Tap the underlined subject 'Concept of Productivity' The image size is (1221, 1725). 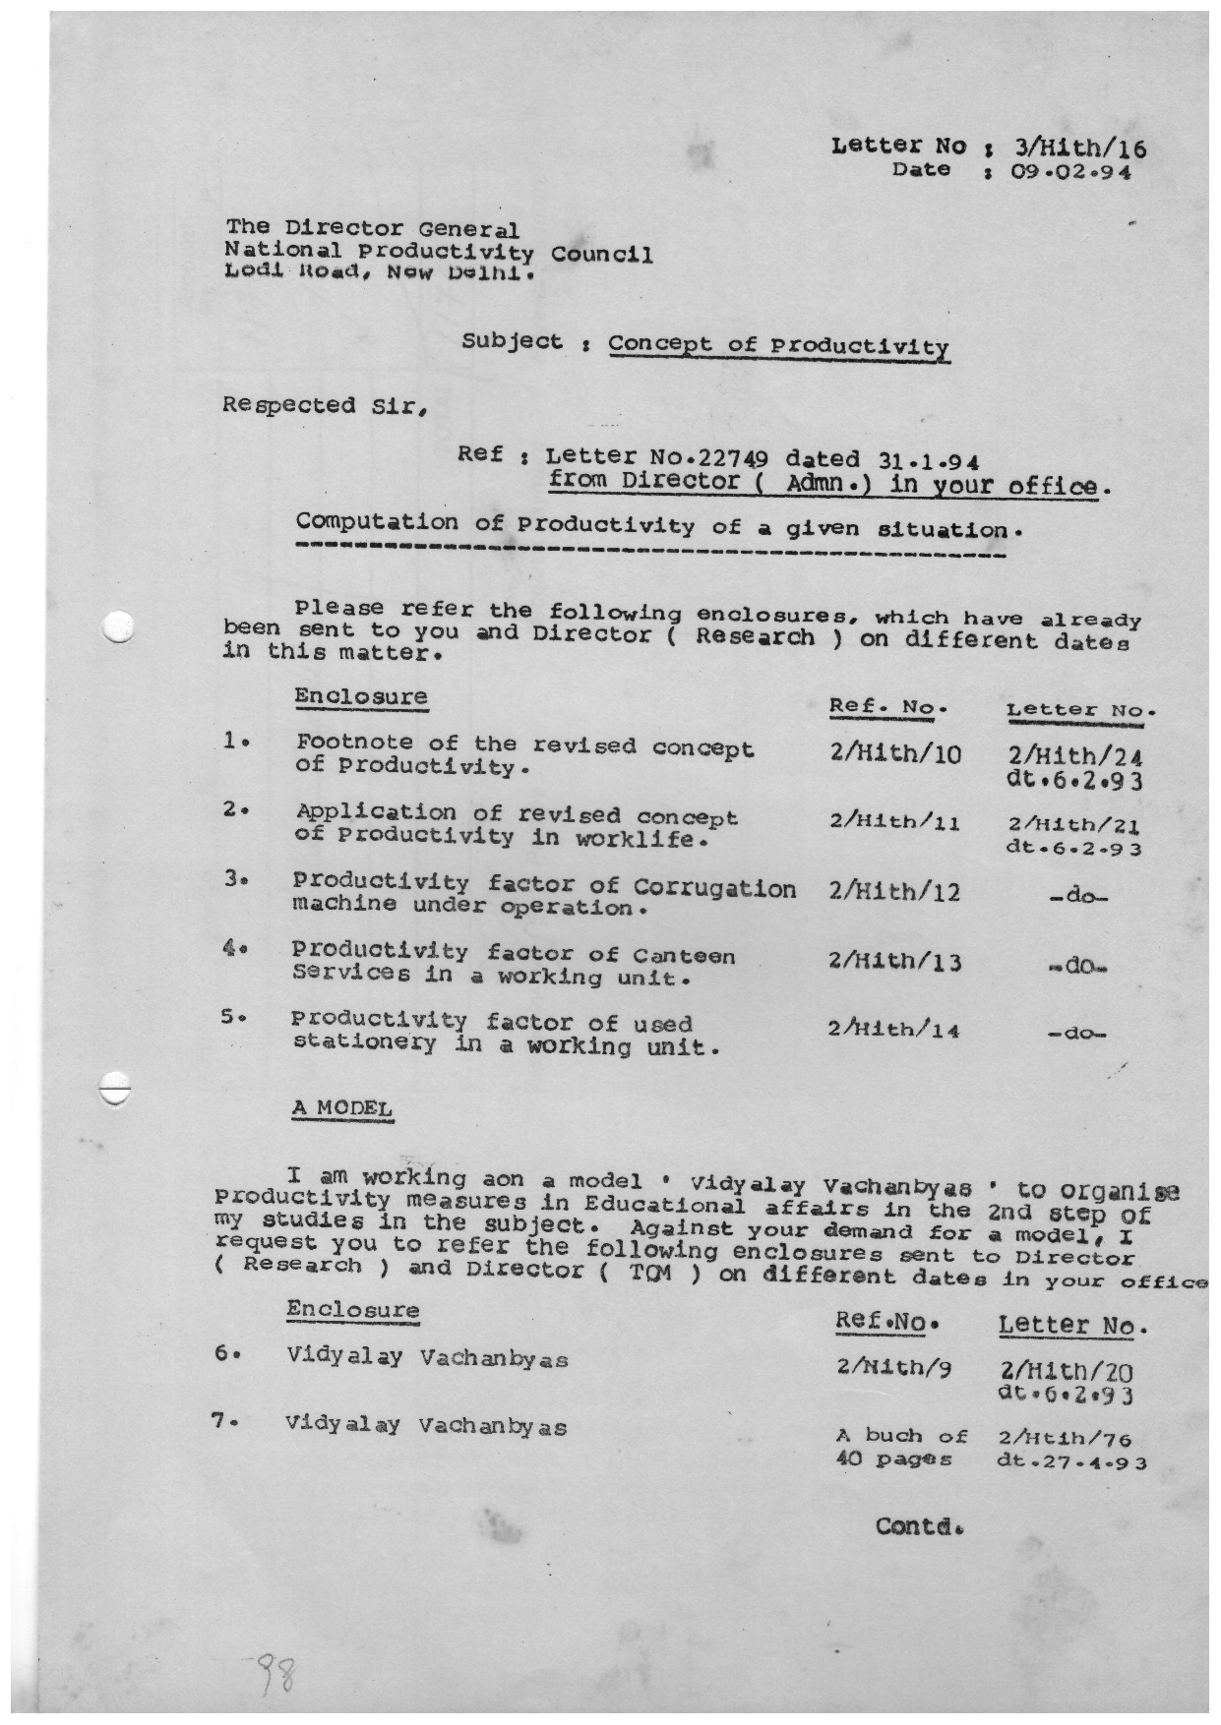pos(778,345)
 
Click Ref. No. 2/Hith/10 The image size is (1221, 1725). pos(894,753)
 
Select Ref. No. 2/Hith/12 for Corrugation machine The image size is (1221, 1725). pos(894,891)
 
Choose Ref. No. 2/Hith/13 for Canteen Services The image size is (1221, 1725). pos(894,962)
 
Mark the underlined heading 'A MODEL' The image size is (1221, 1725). pos(341,1107)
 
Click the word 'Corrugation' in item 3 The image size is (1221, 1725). pos(714,887)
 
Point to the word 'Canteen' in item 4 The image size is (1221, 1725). pos(683,955)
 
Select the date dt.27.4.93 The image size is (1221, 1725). pos(1070,1460)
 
